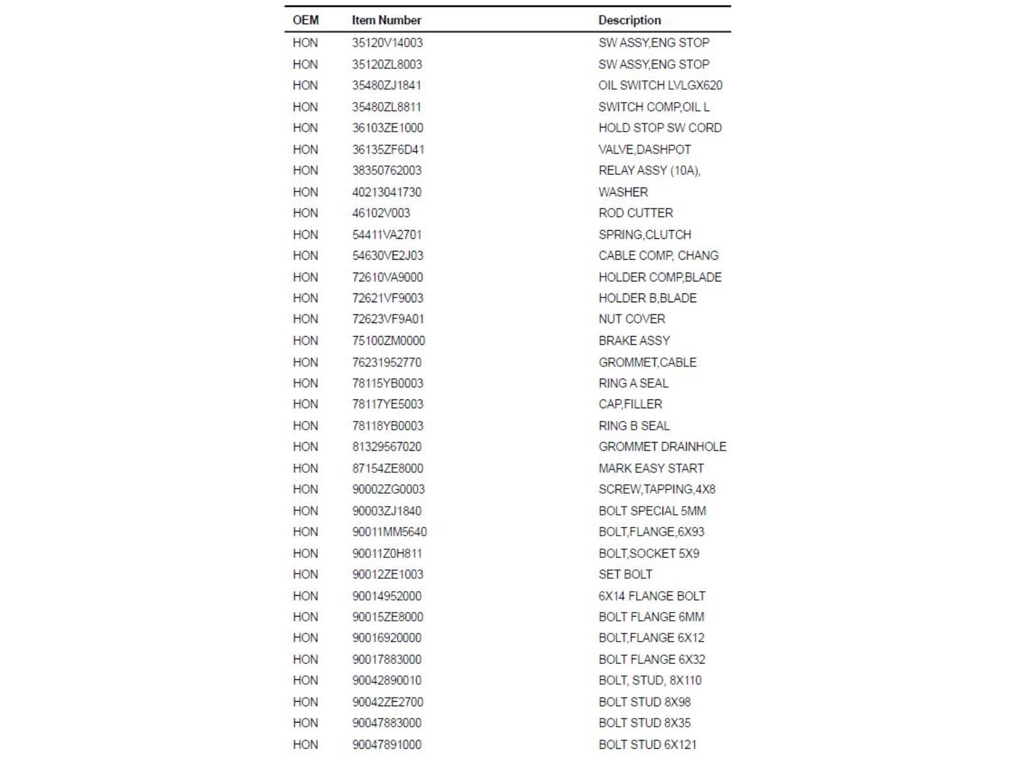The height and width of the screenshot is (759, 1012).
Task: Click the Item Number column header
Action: point(386,20)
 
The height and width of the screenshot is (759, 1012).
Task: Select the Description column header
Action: point(629,20)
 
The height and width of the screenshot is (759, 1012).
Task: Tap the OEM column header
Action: point(305,20)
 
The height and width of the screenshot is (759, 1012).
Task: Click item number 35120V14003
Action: point(387,43)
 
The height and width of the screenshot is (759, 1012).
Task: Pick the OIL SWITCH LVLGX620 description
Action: point(659,86)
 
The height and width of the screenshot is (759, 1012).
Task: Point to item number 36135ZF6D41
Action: point(387,149)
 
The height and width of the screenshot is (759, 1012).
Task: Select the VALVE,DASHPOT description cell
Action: point(644,149)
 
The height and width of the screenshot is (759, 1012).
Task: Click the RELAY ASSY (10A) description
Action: point(648,171)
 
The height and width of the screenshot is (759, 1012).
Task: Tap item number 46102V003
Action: point(381,213)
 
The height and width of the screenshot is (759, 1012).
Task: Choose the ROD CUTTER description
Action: point(635,213)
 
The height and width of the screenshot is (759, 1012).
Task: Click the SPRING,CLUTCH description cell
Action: point(644,235)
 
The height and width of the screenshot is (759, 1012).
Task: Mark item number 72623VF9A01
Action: point(387,319)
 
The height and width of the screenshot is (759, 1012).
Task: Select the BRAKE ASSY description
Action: point(634,341)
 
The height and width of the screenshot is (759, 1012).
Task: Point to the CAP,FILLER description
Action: point(629,404)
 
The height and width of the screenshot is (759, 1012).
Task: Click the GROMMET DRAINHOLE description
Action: point(662,447)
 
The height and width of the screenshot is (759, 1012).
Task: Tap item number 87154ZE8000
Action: point(387,468)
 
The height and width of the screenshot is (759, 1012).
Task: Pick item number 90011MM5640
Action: point(389,532)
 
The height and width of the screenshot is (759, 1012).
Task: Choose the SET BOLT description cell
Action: point(625,574)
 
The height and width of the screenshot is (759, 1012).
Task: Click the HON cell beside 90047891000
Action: point(305,744)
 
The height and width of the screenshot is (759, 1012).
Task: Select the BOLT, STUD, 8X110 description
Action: point(649,680)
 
